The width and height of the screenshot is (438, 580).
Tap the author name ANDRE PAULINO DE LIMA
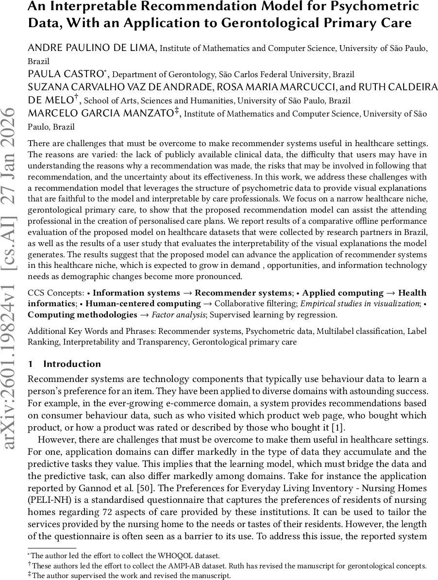92,48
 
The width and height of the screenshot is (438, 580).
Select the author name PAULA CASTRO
65,74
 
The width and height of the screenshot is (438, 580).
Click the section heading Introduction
72,364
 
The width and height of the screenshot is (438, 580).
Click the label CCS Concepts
55,293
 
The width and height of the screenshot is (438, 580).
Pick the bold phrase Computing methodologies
83,315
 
